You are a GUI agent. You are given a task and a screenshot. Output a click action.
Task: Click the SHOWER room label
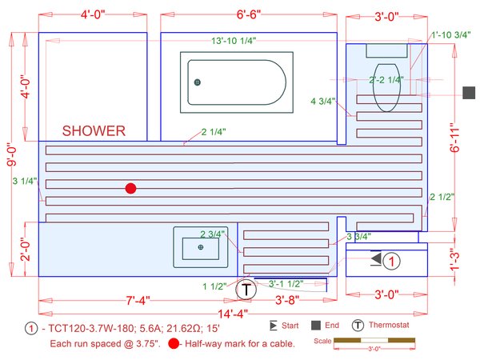[x=94, y=131]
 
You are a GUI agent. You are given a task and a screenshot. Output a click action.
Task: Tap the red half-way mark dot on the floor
[x=130, y=188]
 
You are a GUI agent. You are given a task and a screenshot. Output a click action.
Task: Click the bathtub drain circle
[x=198, y=82]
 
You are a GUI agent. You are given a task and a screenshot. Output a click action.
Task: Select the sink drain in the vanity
[x=201, y=247]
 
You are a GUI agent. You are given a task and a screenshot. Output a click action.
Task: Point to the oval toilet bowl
[x=386, y=87]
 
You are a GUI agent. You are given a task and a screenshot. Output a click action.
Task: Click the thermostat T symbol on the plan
[x=246, y=290]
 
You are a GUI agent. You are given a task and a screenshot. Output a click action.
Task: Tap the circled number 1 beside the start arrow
[x=391, y=262]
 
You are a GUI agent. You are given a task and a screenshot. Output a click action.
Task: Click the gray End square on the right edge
[x=469, y=93]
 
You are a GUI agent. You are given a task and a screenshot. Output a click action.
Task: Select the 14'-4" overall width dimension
[x=233, y=314]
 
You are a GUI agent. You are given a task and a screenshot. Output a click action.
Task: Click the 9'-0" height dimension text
[x=12, y=154]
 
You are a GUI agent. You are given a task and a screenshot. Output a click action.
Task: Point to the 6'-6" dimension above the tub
[x=249, y=14]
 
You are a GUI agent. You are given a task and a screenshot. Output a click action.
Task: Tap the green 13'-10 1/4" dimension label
[x=234, y=41]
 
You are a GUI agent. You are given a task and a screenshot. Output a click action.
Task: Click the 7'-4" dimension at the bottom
[x=138, y=300]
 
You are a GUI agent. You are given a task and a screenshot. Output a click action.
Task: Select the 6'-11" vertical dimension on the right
[x=455, y=138]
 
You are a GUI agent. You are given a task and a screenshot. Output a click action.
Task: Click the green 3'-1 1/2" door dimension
[x=286, y=284]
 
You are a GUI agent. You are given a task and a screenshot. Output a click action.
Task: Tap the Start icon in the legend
[x=273, y=326]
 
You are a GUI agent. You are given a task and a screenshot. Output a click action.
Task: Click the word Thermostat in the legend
[x=389, y=325]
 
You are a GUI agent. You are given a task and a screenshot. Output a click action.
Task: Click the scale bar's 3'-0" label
[x=374, y=349]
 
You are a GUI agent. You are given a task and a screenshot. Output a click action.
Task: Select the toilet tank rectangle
[x=387, y=50]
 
